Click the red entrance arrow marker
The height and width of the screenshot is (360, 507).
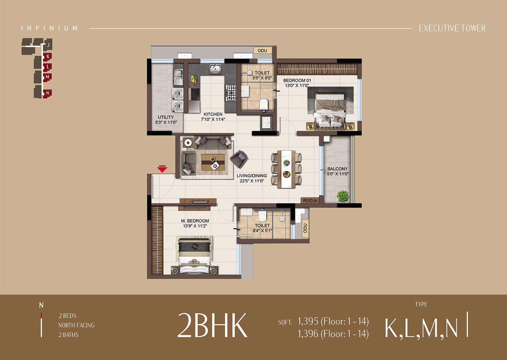tap(162, 169)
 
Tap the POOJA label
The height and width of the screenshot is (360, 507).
tap(310, 201)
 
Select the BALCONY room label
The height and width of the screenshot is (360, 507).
tap(337, 169)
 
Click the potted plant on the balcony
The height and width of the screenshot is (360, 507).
tap(343, 196)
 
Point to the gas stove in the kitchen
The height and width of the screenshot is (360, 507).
tap(231, 93)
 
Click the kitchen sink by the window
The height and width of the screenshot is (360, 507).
tap(215, 69)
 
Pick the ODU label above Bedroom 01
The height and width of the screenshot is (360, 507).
tap(262, 51)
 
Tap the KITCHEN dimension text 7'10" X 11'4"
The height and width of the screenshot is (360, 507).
tap(213, 119)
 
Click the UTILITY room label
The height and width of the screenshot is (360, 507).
tap(166, 117)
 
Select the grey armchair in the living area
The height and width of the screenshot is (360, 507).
tap(239, 159)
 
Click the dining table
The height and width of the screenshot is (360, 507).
tap(286, 169)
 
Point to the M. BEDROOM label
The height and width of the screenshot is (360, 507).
tap(195, 221)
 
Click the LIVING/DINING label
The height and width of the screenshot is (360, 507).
tap(252, 176)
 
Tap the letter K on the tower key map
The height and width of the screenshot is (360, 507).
tap(48, 56)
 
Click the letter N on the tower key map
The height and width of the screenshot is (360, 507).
tap(48, 93)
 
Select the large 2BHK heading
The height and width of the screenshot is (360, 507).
tap(212, 325)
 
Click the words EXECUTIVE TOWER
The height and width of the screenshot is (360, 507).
tap(452, 28)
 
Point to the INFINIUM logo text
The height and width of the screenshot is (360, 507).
tap(49, 28)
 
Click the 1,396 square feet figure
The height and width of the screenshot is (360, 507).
tap(308, 334)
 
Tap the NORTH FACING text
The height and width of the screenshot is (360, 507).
tap(76, 325)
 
